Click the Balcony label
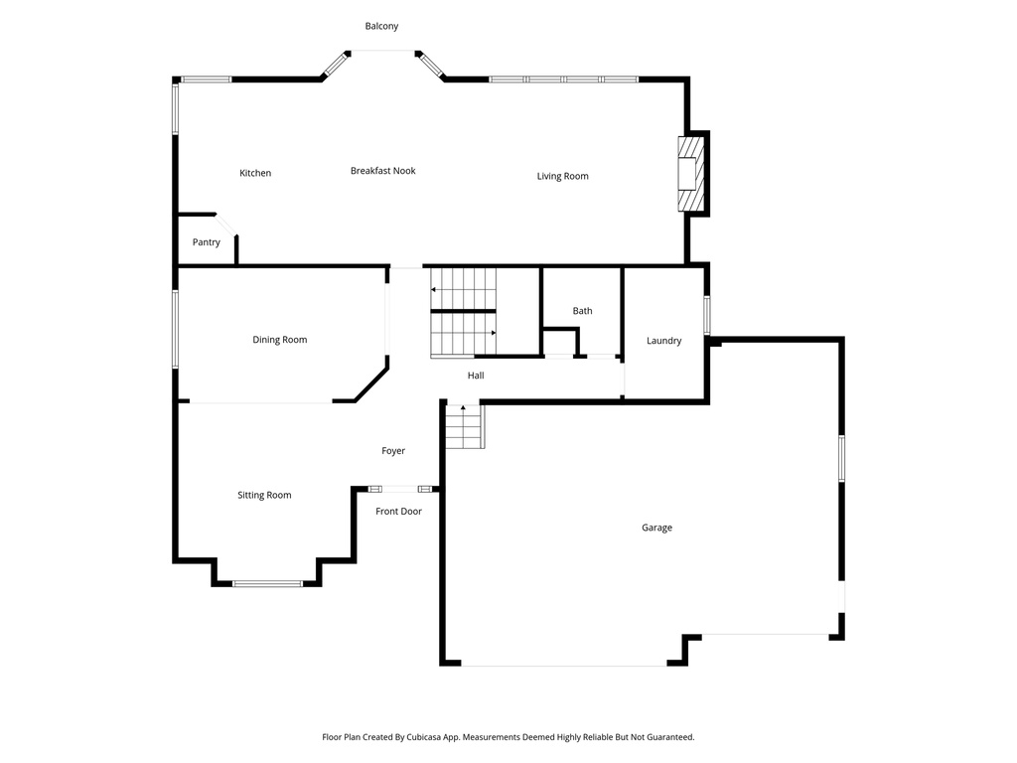(381, 26)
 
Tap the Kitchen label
(255, 173)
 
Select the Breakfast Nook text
(382, 171)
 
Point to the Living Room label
(562, 176)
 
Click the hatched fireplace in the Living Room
(689, 174)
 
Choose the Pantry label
(207, 242)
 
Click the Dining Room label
(279, 340)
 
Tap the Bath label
(582, 311)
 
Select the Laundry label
(663, 341)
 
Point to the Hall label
(476, 376)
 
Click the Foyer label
(393, 451)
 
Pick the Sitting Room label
(264, 495)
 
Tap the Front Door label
(398, 511)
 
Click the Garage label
(656, 528)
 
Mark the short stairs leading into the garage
(464, 426)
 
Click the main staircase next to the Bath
(463, 312)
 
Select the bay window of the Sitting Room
(267, 583)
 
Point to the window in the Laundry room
(707, 315)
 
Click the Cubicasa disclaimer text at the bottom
(508, 737)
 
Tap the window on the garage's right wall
(841, 459)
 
